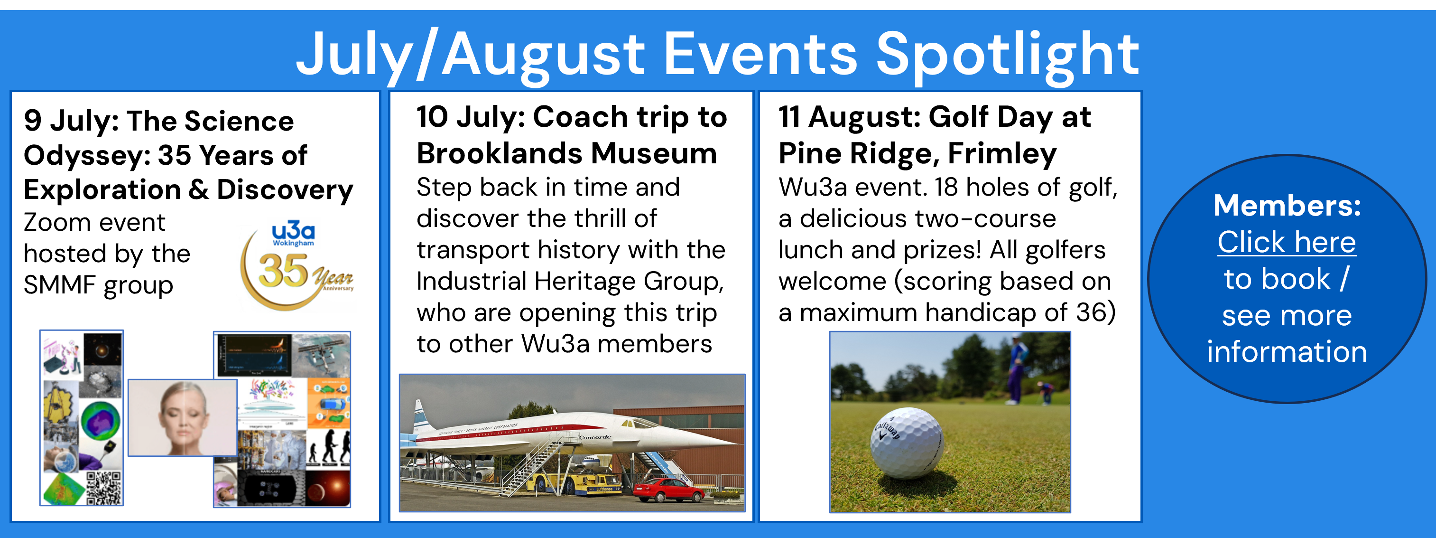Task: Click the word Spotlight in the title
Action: pos(1007,55)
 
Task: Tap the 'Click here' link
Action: pos(1287,242)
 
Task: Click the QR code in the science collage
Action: pos(104,487)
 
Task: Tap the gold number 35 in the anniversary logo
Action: pos(283,271)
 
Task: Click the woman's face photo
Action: pos(183,417)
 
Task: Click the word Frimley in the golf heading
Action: pos(1002,154)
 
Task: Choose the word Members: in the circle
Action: pos(1287,206)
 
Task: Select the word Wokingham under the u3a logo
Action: pos(293,243)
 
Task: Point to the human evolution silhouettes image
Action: pos(328,448)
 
